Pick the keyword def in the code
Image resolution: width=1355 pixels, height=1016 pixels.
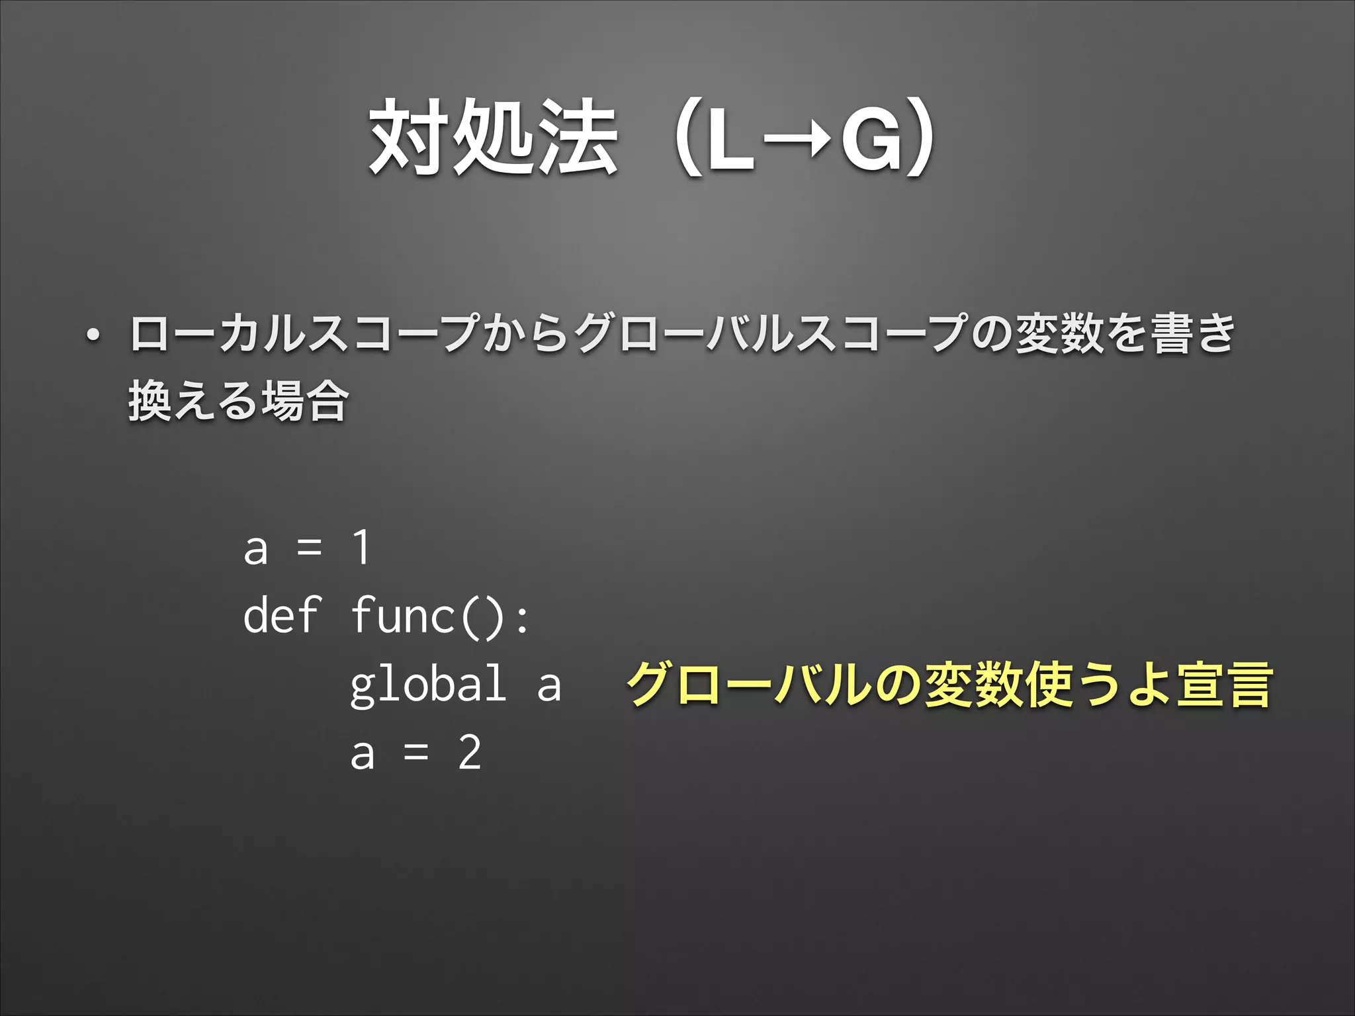pos(281,616)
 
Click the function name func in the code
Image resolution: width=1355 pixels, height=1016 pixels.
pos(402,616)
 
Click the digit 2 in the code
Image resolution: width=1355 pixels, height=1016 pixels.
pos(470,753)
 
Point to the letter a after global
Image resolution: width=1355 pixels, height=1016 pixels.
pos(549,687)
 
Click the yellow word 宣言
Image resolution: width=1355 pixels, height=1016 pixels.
pos(1223,685)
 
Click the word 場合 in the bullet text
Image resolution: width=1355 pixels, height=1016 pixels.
pos(305,401)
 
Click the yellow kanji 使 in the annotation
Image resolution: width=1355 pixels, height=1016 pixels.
pos(1049,685)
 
